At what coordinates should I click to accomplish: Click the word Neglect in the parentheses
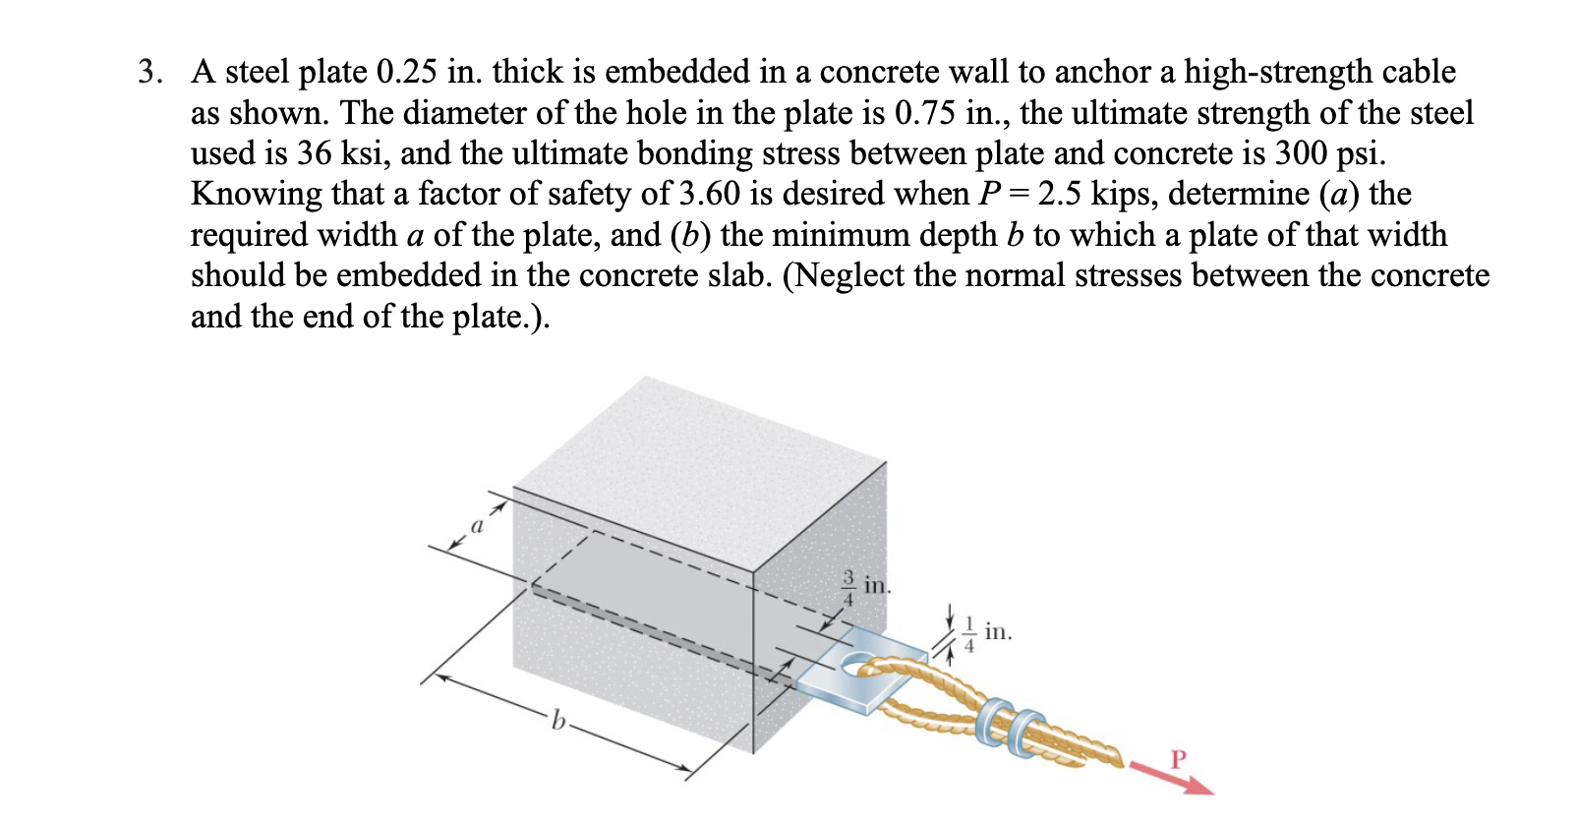(847, 275)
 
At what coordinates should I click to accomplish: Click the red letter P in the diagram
(1179, 759)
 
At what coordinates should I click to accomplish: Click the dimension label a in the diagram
(478, 527)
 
